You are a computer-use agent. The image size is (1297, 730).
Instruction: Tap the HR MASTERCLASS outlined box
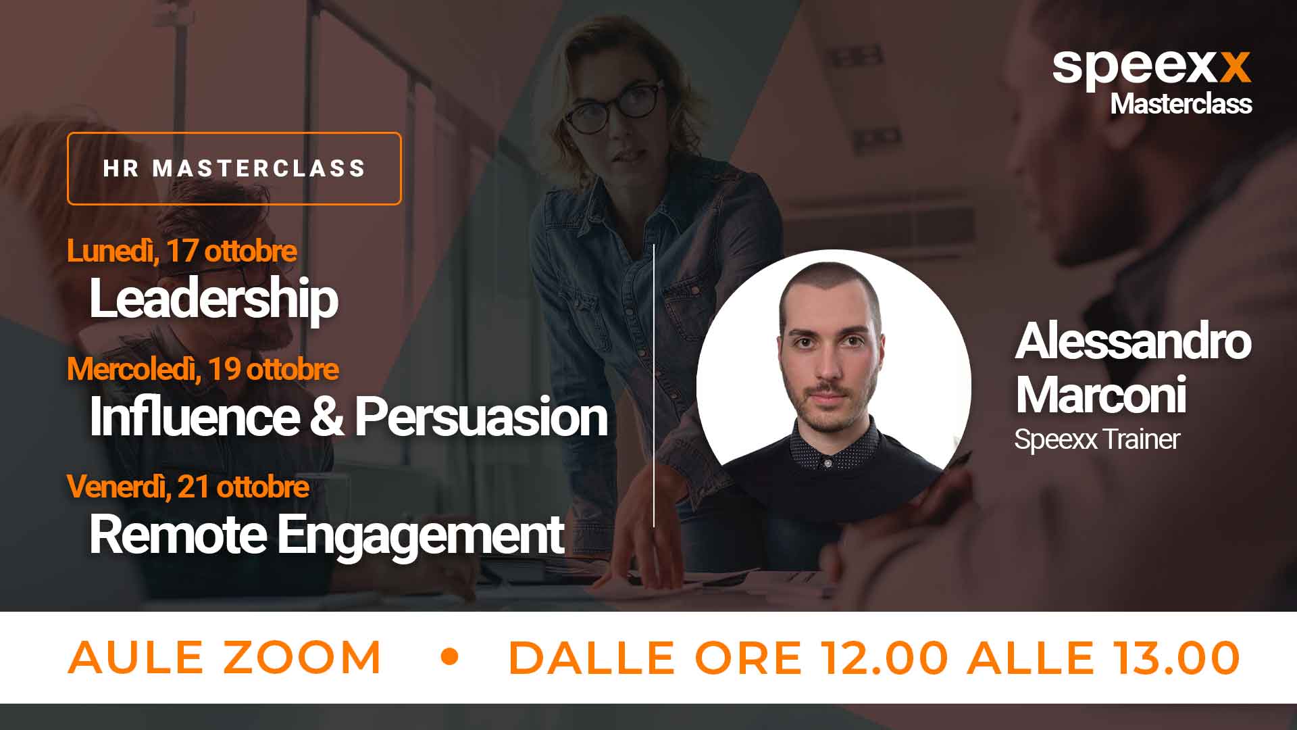(234, 134)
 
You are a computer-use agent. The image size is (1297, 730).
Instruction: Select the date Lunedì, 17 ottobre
(182, 251)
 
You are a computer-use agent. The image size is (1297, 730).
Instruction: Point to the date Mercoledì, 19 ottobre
(203, 369)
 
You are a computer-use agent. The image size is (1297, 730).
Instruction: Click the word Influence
(195, 416)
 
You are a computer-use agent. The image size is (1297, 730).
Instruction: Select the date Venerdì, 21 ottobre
(188, 487)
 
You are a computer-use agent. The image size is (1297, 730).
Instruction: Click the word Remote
(178, 535)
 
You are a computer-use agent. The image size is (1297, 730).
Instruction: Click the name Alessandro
(1133, 341)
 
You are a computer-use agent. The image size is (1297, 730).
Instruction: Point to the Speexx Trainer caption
(1097, 439)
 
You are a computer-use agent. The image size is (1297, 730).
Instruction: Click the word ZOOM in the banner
(302, 657)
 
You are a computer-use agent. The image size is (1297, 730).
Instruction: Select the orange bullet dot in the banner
(449, 657)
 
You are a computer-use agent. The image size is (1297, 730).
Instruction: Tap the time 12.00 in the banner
(884, 657)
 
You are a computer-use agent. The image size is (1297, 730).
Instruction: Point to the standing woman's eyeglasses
(613, 105)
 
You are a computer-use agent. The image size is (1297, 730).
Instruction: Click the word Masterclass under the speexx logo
(1181, 103)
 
